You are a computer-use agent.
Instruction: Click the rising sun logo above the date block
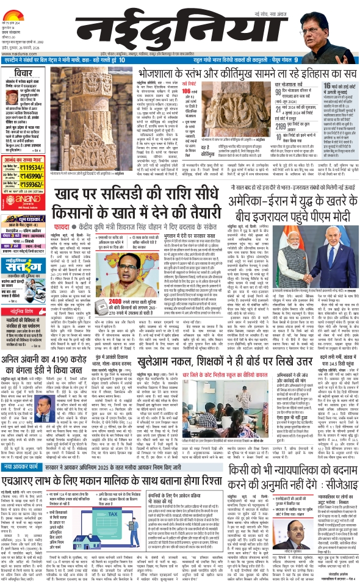(x=20, y=4)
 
